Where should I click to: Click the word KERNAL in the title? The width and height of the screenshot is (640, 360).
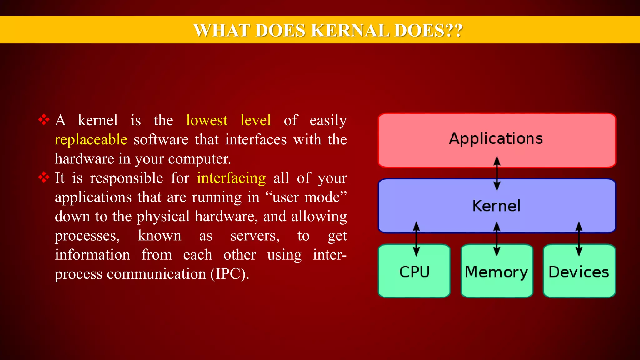tap(350, 31)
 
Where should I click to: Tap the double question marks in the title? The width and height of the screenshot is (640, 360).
tap(453, 31)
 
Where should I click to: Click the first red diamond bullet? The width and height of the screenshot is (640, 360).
tap(44, 120)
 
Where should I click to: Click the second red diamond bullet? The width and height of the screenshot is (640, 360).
tap(44, 177)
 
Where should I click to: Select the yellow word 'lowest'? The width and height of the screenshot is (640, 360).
tap(207, 120)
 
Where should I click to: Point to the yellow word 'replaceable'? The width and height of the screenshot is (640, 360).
tap(91, 140)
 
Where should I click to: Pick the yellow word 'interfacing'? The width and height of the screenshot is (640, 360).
tap(231, 178)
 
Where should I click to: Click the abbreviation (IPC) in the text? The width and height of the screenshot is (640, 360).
tap(229, 274)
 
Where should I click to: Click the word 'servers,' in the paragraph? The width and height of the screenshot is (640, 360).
tap(255, 236)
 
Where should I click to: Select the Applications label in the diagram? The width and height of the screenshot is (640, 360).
tap(496, 138)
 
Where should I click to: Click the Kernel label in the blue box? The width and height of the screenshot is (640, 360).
tap(496, 206)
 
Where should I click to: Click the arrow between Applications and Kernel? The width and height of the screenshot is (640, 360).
tap(497, 174)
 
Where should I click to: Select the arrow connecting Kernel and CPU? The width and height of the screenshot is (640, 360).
tap(416, 239)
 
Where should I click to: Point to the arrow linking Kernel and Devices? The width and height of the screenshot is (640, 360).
tap(579, 239)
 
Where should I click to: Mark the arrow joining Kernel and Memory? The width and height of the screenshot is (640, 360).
tap(497, 239)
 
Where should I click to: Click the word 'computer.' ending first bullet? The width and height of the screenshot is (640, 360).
tap(199, 159)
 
